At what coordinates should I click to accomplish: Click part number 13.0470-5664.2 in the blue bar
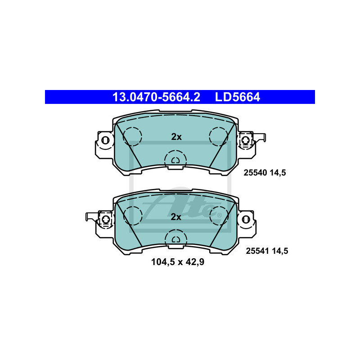pyautogui.click(x=156, y=97)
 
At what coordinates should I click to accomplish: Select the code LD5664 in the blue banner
pyautogui.click(x=238, y=97)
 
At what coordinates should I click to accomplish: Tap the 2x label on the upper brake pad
pyautogui.click(x=176, y=137)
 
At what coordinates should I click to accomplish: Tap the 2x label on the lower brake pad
pyautogui.click(x=176, y=217)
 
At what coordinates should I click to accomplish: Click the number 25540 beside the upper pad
pyautogui.click(x=255, y=173)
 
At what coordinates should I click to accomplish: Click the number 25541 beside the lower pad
pyautogui.click(x=257, y=251)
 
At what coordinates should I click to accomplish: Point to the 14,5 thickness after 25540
pyautogui.click(x=278, y=173)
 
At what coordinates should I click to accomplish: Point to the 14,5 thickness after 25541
pyautogui.click(x=280, y=251)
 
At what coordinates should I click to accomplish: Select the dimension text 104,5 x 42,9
pyautogui.click(x=178, y=262)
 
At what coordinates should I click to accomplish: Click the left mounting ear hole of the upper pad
pyautogui.click(x=105, y=140)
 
